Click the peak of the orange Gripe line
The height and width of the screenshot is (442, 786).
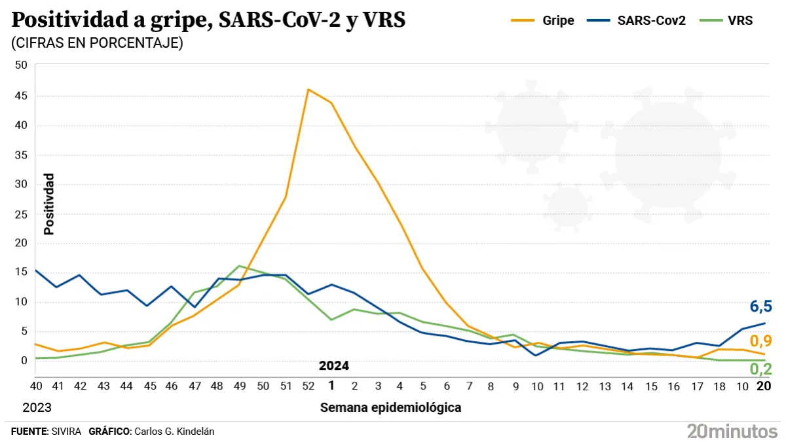pos(309,89)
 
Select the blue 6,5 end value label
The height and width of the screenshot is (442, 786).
pos(761,306)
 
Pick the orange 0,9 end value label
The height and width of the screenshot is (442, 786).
pos(761,341)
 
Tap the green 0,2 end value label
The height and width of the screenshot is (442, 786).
pos(761,369)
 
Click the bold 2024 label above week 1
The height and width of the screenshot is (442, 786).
pos(333,365)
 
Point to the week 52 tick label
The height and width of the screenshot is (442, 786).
pos(309,386)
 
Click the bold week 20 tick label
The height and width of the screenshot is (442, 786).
pos(763,386)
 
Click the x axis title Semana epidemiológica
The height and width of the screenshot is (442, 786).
pos(390,407)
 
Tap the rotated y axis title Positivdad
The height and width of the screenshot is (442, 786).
pos(49,204)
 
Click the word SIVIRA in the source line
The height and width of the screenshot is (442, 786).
pos(65,431)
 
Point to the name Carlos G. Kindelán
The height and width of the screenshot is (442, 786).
pos(174,431)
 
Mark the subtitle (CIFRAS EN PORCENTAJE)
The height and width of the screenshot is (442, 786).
pos(97,43)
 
